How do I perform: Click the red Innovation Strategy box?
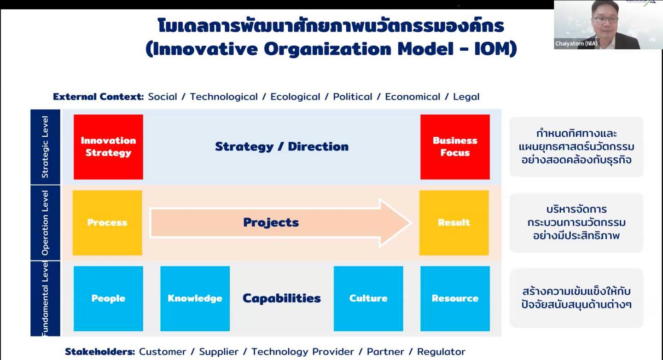(108, 147)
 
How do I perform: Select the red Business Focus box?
(455, 147)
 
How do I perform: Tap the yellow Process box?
(107, 223)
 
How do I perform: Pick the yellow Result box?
(454, 223)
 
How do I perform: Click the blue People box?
(108, 298)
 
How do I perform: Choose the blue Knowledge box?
(195, 298)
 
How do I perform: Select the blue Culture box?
(368, 298)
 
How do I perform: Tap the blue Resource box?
(455, 298)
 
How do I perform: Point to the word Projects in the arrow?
(271, 223)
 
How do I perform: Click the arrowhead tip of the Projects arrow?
(412, 223)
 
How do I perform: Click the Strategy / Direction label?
(282, 146)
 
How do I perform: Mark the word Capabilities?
(281, 298)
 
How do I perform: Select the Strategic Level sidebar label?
(45, 147)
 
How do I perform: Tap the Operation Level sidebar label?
(45, 223)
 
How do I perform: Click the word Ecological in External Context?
(295, 97)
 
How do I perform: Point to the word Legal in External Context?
(466, 97)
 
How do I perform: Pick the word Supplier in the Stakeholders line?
(219, 352)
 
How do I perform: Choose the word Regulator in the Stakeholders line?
(441, 352)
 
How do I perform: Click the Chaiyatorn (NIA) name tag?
(576, 44)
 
